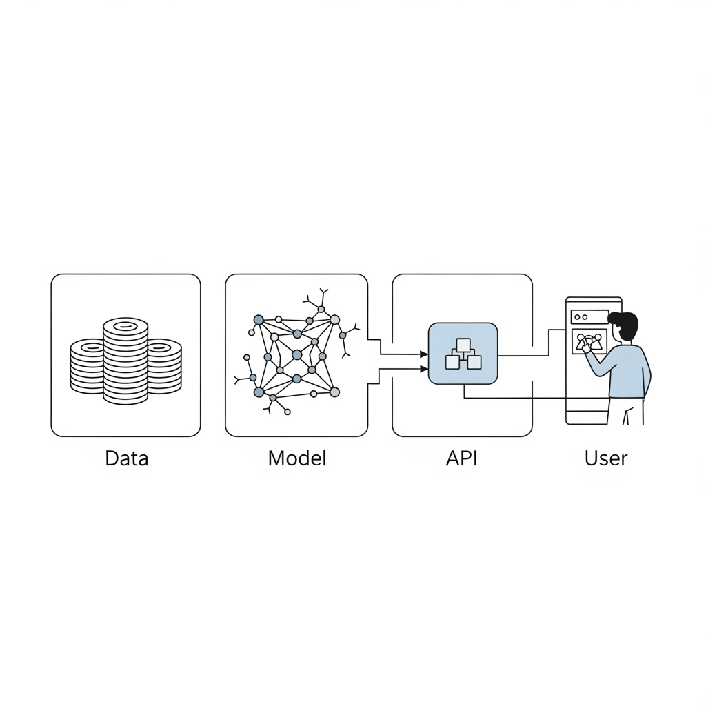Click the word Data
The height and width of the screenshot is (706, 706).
click(x=127, y=458)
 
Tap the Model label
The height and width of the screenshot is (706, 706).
click(x=296, y=458)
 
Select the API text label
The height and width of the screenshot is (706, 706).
click(x=461, y=458)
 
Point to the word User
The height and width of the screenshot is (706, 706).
click(x=605, y=458)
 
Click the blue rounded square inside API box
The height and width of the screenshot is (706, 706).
click(x=463, y=354)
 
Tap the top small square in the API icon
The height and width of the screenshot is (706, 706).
click(x=463, y=345)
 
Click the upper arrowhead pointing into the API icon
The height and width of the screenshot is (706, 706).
click(x=424, y=354)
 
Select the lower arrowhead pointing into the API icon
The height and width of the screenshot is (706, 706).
click(x=424, y=370)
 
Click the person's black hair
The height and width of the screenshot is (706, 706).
click(x=625, y=323)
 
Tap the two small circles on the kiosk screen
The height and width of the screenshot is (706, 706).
click(x=581, y=317)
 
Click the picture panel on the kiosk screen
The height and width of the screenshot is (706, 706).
click(x=589, y=342)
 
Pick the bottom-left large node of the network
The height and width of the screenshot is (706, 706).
click(x=259, y=392)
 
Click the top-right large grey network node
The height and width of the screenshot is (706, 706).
click(x=334, y=320)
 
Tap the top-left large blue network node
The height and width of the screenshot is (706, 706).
click(x=259, y=320)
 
